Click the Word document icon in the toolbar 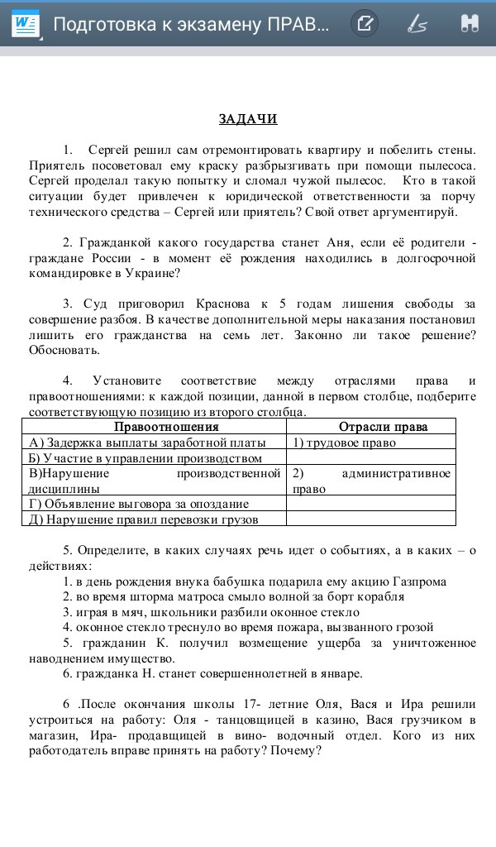pyautogui.click(x=25, y=23)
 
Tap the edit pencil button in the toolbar pyautogui.click(x=364, y=23)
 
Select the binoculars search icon pyautogui.click(x=470, y=23)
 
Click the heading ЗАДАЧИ pyautogui.click(x=248, y=119)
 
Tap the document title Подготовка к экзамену pyautogui.click(x=190, y=23)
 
